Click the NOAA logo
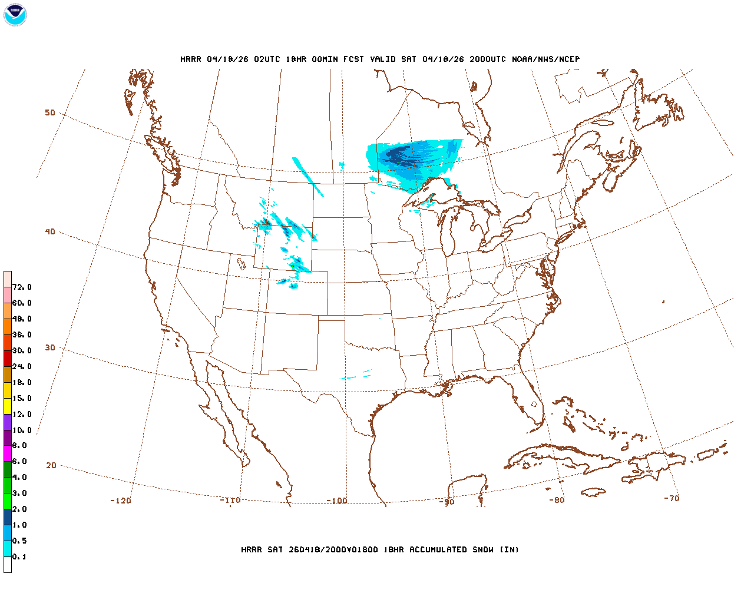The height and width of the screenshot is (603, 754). click(15, 15)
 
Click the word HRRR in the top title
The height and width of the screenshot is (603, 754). click(191, 59)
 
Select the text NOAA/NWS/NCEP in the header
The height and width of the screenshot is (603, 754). click(545, 59)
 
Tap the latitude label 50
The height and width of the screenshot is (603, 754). click(50, 112)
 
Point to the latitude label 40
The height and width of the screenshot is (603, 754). click(50, 231)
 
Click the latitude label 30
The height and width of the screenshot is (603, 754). click(50, 347)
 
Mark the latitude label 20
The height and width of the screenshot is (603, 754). click(51, 465)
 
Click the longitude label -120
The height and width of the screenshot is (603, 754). click(121, 501)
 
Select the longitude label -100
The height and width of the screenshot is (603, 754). click(337, 501)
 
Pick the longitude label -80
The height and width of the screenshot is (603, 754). click(557, 500)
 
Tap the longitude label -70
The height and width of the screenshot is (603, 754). click(672, 498)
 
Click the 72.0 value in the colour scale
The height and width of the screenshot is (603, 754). click(22, 287)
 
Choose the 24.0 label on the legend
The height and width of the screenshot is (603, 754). click(22, 366)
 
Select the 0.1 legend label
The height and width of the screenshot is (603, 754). click(19, 556)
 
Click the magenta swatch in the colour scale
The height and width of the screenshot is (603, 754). click(8, 453)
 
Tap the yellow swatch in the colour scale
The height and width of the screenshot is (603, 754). click(8, 406)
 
